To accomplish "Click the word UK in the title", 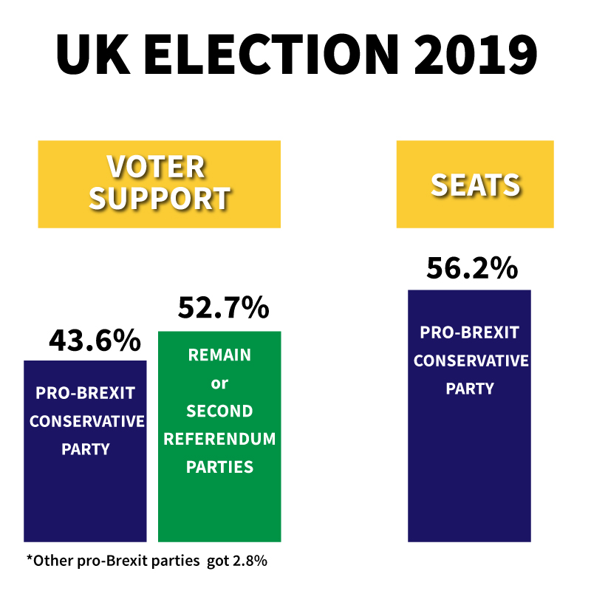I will pos(92,53).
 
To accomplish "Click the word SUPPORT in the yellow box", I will pos(160,198).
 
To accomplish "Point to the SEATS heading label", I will pos(475,185).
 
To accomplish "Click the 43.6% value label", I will pos(95,341).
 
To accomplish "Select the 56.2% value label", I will pos(471,269).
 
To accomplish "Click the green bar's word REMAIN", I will pos(219,355).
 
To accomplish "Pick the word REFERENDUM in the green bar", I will pos(219,440).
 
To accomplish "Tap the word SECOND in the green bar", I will pos(219,411).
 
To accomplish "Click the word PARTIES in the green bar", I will pos(219,468).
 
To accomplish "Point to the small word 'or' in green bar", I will pos(219,383).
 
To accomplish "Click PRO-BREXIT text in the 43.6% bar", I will pos(85,392).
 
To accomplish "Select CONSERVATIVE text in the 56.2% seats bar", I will pos(471,361).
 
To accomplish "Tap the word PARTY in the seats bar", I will pos(470,389).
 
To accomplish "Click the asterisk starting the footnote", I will pos(30,558).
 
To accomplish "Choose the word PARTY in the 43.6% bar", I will pos(85,449).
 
